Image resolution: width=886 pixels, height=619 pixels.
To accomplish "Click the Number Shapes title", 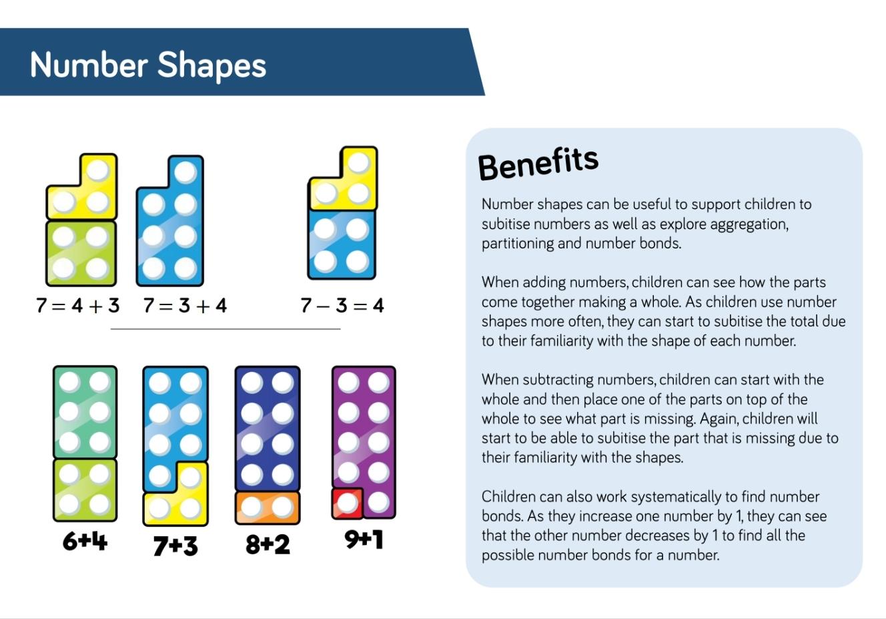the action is click(x=148, y=65).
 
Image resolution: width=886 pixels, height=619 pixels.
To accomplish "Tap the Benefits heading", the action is click(x=538, y=164).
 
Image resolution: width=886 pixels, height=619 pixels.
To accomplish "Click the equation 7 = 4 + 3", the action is click(x=77, y=306).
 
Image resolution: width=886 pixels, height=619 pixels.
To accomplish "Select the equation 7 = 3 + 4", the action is click(x=185, y=306).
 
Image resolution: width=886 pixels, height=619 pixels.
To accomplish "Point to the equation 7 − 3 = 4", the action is click(x=342, y=306).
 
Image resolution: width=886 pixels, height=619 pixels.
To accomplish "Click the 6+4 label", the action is click(x=85, y=541).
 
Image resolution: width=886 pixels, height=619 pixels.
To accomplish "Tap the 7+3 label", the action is click(x=175, y=546).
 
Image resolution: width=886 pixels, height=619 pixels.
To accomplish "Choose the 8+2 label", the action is click(x=268, y=545).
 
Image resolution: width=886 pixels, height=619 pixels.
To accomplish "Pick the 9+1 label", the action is click(x=364, y=540).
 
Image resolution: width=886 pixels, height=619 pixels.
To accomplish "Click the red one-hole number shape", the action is click(x=348, y=503).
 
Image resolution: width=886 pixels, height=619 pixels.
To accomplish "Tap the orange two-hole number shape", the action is click(x=268, y=507).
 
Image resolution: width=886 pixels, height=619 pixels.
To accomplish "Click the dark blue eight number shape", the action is click(x=268, y=429).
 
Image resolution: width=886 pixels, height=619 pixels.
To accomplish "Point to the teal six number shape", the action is click(x=85, y=412).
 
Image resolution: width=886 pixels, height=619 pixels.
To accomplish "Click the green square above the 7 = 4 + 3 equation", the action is click(x=81, y=253).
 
